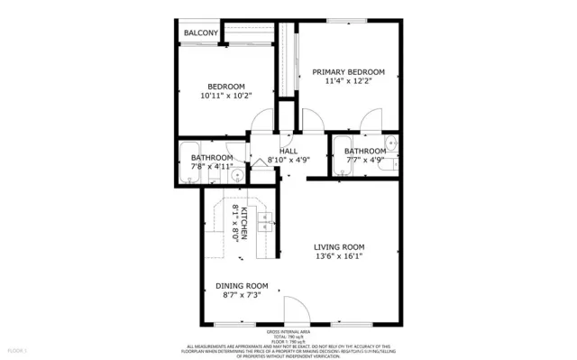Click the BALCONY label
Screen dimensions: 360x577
click(201, 33)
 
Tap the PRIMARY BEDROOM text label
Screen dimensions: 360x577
click(349, 72)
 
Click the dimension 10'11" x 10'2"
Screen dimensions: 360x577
click(225, 95)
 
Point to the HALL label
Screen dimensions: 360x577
click(288, 151)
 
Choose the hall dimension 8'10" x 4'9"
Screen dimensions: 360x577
click(288, 161)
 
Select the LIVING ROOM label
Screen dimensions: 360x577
click(339, 247)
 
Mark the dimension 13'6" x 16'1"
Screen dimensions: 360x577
click(339, 257)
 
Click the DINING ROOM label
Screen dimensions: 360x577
click(242, 285)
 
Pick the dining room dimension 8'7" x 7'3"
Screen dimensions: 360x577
click(242, 295)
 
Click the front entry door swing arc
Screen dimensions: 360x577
click(294, 309)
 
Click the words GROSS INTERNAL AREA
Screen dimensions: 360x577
click(288, 332)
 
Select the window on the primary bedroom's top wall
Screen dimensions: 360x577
click(346, 21)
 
